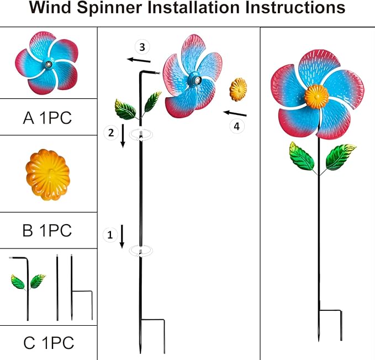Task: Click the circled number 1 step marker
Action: tap(109, 235)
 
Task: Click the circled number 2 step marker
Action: tap(109, 131)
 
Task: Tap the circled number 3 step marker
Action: tap(142, 47)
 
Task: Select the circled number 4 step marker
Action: tap(236, 126)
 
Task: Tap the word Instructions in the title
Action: tap(293, 8)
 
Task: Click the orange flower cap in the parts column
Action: tap(47, 174)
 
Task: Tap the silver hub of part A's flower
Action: tap(49, 65)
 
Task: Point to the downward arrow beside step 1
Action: tap(122, 236)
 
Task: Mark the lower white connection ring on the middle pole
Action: tap(141, 251)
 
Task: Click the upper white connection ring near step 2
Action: tap(141, 134)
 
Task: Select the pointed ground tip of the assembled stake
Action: tap(319, 337)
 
